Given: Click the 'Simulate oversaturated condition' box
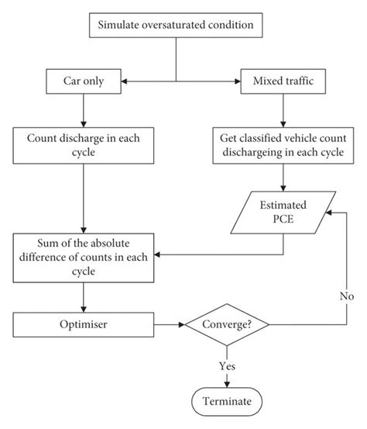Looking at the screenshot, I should [x=177, y=25].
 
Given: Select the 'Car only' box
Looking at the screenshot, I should [x=82, y=80].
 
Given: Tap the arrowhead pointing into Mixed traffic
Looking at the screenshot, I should [x=235, y=80].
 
